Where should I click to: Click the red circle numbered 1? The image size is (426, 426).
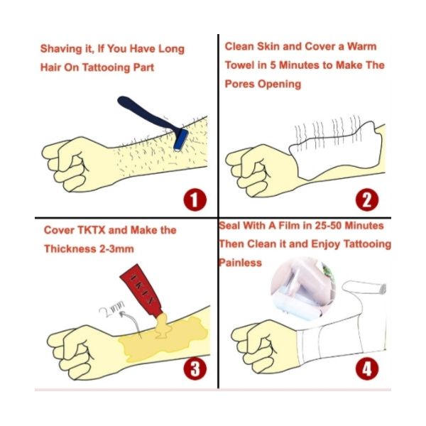click(x=195, y=200)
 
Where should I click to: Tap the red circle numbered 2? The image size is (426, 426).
click(x=367, y=200)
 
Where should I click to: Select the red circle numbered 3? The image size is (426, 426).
click(x=195, y=368)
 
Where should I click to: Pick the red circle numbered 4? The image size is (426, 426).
click(x=367, y=368)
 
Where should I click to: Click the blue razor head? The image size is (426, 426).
click(x=181, y=139)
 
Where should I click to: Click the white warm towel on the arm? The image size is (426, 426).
click(x=337, y=151)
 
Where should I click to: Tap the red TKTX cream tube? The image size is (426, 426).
click(x=141, y=290)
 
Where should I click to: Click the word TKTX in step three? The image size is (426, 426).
click(x=92, y=230)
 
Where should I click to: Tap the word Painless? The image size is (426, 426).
click(x=240, y=263)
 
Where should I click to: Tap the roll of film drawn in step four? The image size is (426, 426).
click(x=364, y=288)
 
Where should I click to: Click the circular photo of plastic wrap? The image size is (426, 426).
click(x=303, y=288)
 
